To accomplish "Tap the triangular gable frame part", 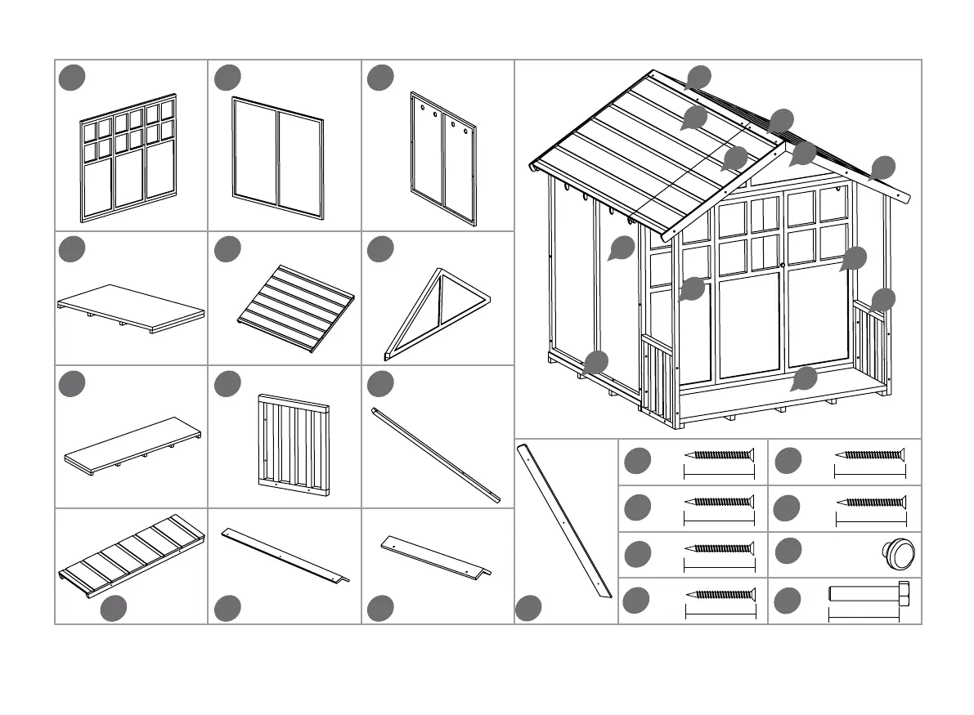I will tap(438, 311).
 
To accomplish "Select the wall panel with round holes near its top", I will tap(443, 158).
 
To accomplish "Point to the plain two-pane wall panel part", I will tap(278, 158).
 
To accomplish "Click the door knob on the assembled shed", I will tap(783, 265).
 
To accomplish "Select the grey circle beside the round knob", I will tap(788, 552).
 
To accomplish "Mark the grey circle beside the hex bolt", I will tap(788, 601).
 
